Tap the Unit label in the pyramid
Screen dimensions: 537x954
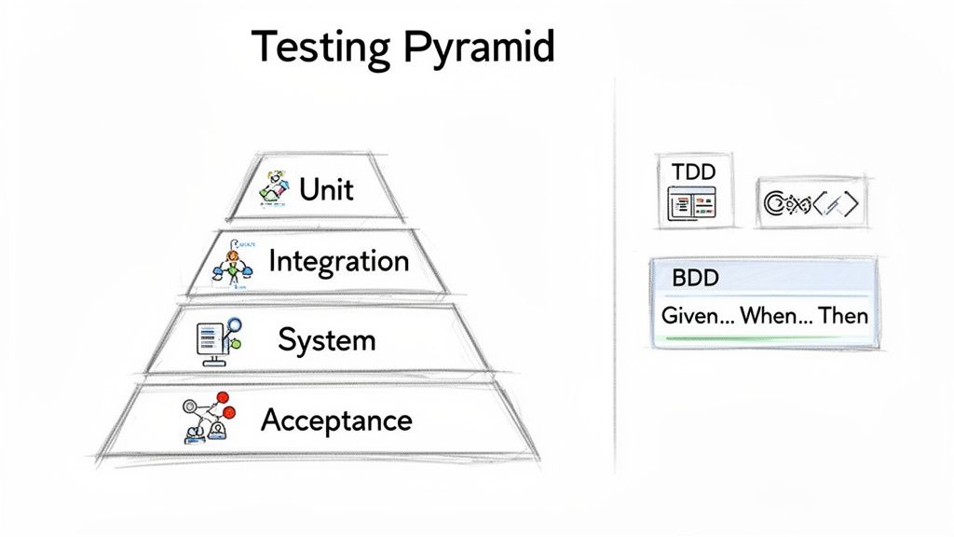click(x=326, y=189)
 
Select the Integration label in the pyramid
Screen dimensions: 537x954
click(x=338, y=260)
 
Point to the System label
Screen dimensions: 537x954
click(x=326, y=339)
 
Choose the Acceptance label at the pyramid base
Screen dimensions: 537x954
click(x=335, y=420)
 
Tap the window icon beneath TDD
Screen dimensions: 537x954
click(x=693, y=203)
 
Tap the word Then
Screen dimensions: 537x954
click(x=843, y=316)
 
